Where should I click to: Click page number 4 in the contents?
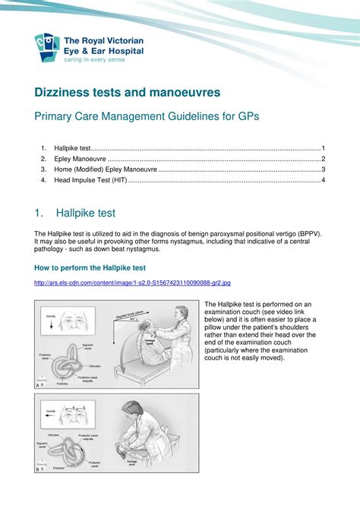coord(323,180)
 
